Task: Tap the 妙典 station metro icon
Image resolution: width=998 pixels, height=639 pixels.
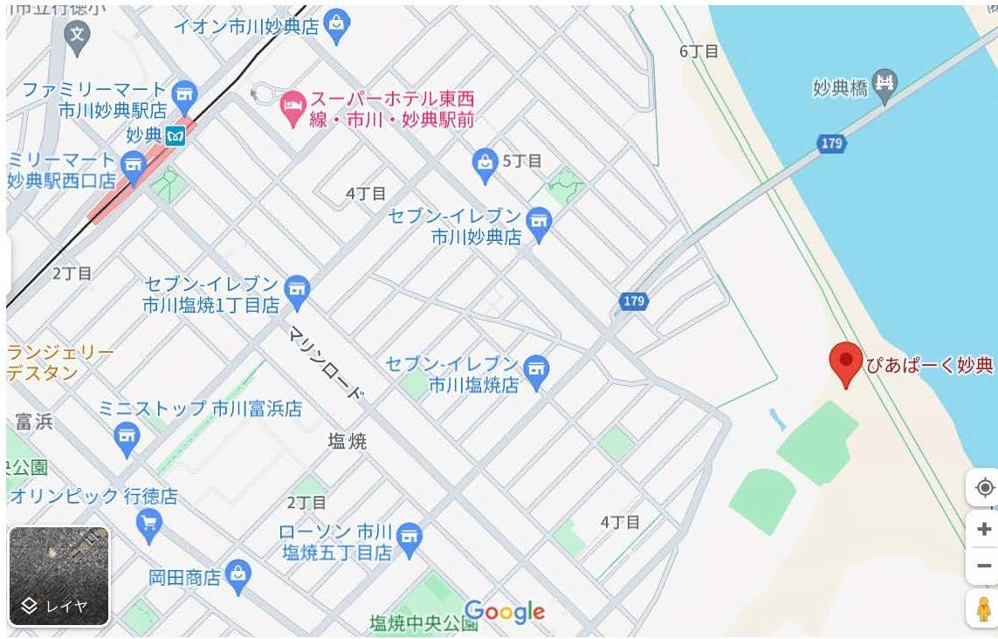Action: point(176,135)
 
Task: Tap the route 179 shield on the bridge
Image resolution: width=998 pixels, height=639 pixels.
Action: point(832,143)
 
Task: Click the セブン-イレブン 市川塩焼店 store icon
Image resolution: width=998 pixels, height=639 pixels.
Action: point(537,371)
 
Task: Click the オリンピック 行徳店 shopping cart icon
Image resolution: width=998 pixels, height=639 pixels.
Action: point(149,522)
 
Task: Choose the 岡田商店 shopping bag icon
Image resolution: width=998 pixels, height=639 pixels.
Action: point(237,574)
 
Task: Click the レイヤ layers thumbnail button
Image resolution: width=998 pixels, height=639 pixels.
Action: point(59,576)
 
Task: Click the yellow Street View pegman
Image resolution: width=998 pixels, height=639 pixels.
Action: point(984,608)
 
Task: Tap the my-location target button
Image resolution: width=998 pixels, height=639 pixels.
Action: point(984,487)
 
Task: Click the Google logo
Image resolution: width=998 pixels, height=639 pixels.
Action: point(505,612)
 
